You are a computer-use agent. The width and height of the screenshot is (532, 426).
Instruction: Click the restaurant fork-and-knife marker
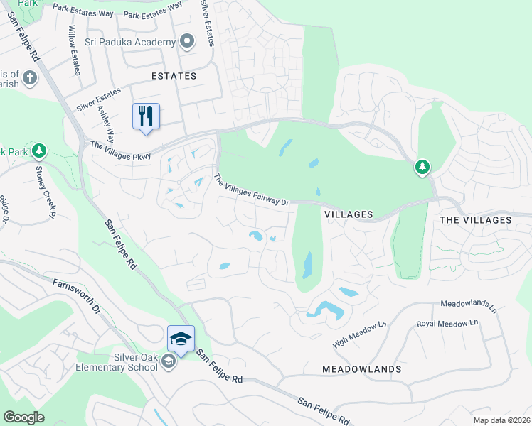tap(146, 115)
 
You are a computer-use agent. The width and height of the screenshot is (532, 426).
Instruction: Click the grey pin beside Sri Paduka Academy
tap(187, 41)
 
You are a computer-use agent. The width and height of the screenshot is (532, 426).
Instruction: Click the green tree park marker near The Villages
tap(422, 167)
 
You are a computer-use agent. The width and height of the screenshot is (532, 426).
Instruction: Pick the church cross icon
tap(30, 76)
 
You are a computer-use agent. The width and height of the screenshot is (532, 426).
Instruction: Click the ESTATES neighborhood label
tap(174, 75)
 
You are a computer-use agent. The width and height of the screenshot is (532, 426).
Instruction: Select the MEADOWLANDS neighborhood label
tap(361, 369)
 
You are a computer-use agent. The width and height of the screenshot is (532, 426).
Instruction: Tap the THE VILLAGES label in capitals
tap(475, 220)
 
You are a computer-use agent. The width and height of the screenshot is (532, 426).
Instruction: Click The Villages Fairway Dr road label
tap(252, 192)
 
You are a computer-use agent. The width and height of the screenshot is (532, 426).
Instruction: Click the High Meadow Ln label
tap(359, 334)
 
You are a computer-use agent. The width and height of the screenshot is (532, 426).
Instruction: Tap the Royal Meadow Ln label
tap(447, 323)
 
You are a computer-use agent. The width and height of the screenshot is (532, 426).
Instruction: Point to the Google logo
tap(23, 417)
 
